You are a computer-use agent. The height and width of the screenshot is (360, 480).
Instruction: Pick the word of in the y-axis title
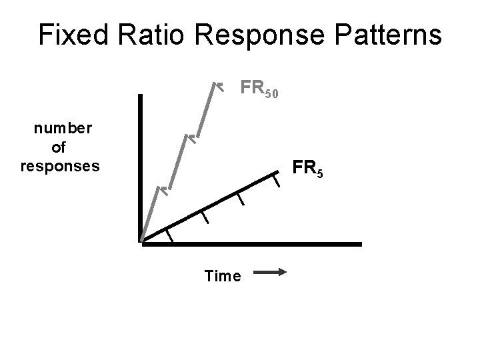pos(58,147)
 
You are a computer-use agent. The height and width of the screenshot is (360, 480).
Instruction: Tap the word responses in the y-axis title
pos(60,165)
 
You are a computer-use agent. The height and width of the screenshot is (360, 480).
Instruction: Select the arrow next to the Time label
pos(270,272)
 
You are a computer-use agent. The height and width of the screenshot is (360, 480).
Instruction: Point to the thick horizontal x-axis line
pos(253,245)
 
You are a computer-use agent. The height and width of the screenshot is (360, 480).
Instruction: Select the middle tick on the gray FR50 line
pos(189,139)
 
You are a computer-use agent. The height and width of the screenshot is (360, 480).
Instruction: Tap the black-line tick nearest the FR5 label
pos(276,180)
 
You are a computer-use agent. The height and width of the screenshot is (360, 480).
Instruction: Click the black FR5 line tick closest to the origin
pos(170,235)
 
